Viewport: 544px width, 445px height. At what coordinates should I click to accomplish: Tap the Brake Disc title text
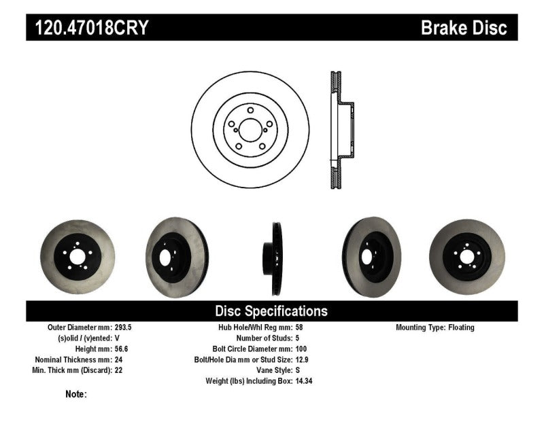464,29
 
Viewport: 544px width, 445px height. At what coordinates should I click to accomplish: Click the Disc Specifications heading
271,311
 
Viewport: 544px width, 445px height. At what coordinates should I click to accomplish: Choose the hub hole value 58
300,327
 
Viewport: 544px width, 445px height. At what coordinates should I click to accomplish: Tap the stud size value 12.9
303,359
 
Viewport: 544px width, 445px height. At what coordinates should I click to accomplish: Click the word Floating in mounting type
461,327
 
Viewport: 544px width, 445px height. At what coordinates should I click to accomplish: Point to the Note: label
76,394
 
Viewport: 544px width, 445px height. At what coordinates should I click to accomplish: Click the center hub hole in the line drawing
250,130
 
